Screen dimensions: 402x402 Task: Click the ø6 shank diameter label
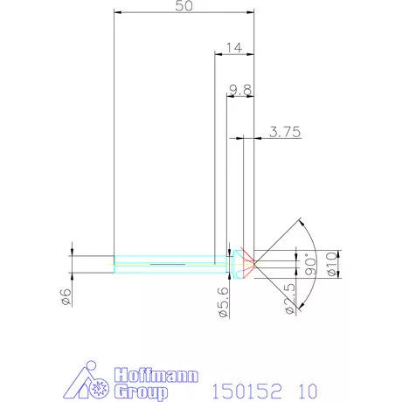point(66,298)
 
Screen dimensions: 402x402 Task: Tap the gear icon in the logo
point(95,386)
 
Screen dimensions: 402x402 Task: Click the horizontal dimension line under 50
point(184,14)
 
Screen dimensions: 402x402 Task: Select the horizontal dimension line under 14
point(233,55)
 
